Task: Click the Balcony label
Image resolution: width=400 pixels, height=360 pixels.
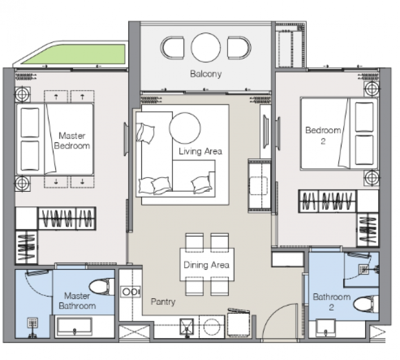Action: tap(206, 74)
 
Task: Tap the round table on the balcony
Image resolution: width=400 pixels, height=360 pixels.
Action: tap(206, 47)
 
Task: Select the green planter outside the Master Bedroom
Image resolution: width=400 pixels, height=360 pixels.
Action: tap(75, 54)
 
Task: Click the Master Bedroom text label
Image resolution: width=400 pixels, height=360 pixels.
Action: tap(72, 141)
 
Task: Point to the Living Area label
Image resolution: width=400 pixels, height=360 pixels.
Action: tap(200, 151)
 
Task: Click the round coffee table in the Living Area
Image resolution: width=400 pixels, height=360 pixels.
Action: tap(185, 128)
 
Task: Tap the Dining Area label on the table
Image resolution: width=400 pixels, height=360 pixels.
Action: tap(206, 265)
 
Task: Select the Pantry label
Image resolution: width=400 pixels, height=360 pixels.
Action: tap(163, 301)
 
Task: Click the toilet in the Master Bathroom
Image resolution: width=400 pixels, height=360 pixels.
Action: tap(102, 287)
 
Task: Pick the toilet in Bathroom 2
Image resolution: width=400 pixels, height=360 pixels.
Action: tap(366, 304)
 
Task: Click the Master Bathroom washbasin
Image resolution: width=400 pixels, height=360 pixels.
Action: tap(74, 326)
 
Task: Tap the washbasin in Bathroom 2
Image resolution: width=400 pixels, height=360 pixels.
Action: tap(325, 328)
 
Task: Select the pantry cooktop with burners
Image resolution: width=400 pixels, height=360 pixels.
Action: tap(130, 291)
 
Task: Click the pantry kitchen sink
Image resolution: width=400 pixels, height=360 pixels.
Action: tap(187, 326)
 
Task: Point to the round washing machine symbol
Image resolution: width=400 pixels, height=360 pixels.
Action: tap(212, 327)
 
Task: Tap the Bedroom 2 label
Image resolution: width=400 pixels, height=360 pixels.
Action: tap(323, 136)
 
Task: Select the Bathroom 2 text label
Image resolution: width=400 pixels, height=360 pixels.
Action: tap(331, 301)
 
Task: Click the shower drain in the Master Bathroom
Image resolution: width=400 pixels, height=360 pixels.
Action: tap(33, 323)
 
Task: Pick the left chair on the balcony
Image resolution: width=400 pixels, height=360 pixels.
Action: tap(172, 48)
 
